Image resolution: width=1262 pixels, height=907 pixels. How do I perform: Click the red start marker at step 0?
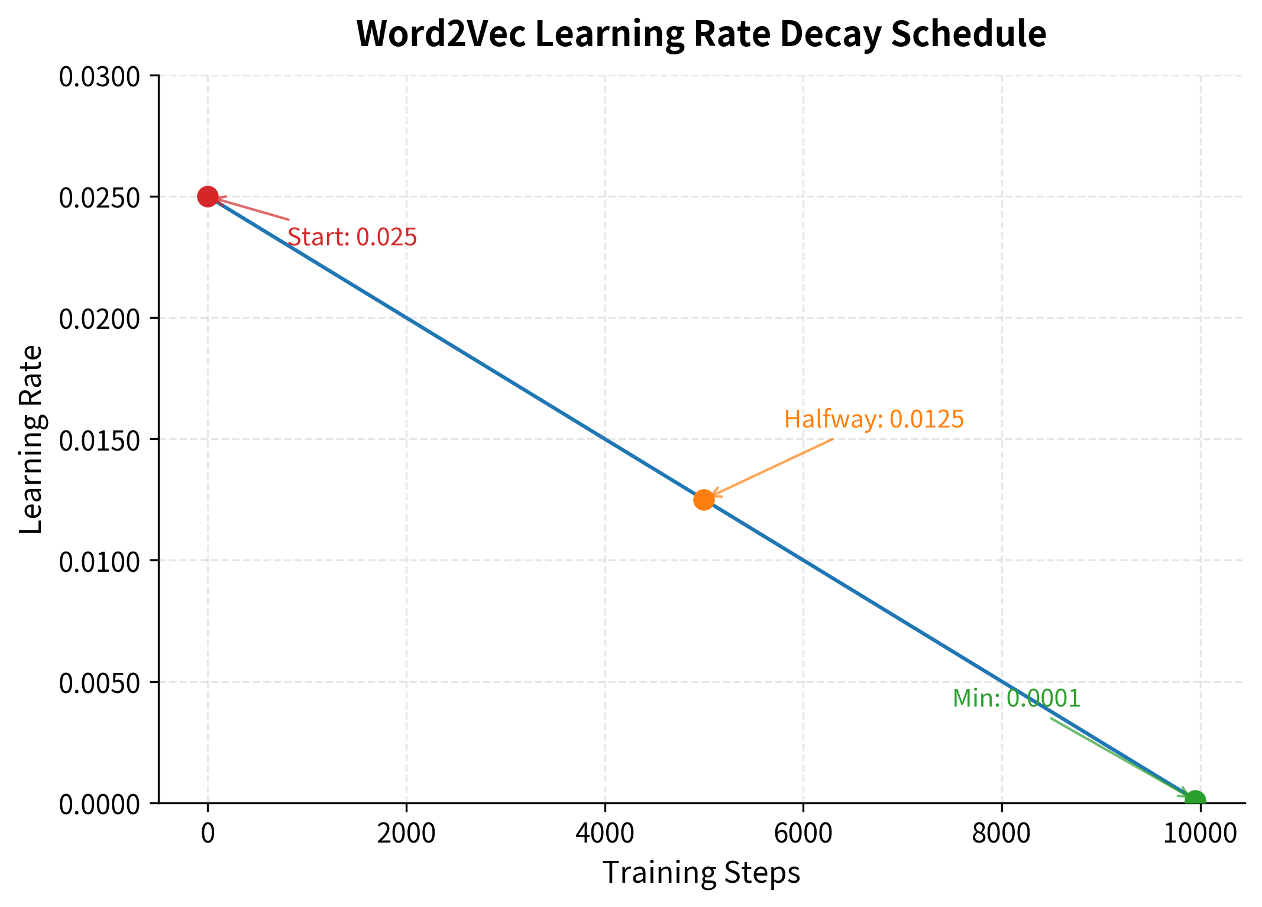(208, 196)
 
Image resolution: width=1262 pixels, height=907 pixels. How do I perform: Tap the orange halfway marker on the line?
(704, 500)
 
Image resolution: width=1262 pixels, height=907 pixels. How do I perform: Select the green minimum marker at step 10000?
(1195, 801)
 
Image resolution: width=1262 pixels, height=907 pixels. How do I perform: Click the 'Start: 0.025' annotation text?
(352, 238)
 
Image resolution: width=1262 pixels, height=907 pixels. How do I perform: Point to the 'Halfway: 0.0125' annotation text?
(873, 420)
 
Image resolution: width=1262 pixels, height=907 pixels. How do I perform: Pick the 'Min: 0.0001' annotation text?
(1016, 699)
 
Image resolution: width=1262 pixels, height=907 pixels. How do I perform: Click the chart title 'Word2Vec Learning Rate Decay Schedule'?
(701, 34)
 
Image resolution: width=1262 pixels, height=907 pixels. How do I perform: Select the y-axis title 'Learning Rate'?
(31, 439)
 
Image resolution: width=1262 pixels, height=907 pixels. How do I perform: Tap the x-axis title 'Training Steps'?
(701, 873)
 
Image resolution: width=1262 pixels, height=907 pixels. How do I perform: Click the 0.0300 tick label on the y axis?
(99, 77)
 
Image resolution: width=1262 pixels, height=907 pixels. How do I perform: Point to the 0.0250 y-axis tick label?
(99, 198)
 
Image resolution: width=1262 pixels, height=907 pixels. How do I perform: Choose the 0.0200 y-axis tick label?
(99, 319)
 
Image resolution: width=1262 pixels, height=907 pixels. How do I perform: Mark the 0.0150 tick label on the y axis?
(99, 440)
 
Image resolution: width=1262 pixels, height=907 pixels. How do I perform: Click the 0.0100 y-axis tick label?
(99, 562)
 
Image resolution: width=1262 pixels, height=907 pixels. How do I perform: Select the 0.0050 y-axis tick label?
(99, 684)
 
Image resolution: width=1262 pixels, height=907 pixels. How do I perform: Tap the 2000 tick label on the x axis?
(406, 834)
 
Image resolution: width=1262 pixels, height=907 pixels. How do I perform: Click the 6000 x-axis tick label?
(803, 834)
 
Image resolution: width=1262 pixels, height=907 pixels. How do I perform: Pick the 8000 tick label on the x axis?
(1001, 834)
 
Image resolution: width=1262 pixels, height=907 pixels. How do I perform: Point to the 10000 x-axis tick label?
(1200, 834)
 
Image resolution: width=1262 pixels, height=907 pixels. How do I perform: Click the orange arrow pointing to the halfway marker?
(772, 468)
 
